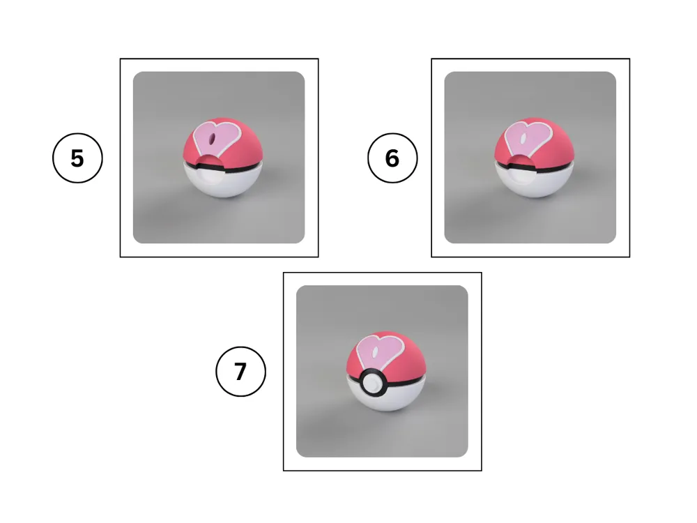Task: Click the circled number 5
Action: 77,158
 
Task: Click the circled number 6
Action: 392,158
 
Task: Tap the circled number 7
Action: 240,372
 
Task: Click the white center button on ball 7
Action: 372,383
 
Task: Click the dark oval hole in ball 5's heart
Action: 213,138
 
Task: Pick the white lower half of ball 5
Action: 223,181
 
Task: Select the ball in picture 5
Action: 223,158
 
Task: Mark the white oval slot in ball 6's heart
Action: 524,138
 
